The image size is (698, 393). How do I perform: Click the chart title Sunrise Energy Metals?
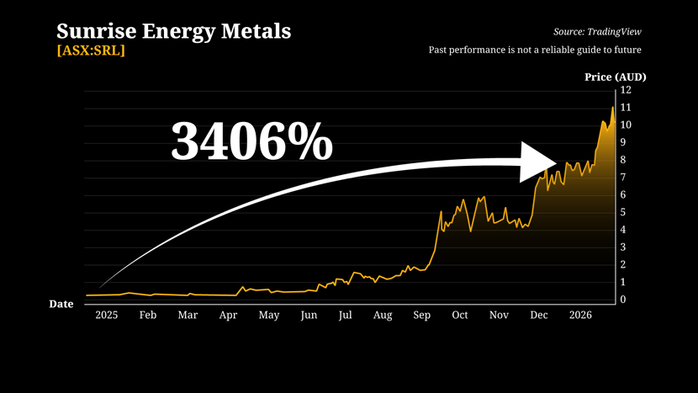click(x=173, y=32)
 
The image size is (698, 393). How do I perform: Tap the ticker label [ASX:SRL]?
click(x=91, y=50)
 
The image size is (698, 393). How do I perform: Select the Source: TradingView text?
click(x=603, y=32)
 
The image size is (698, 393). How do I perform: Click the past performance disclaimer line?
click(x=541, y=50)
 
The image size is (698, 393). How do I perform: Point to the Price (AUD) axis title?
click(x=616, y=77)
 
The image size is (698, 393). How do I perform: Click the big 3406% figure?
click(x=251, y=141)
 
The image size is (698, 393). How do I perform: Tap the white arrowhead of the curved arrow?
click(x=538, y=162)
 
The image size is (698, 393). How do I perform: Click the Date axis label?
click(x=61, y=304)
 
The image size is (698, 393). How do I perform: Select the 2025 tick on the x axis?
click(x=106, y=316)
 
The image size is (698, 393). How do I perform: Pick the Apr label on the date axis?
click(x=228, y=316)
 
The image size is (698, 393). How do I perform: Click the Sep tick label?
click(x=421, y=316)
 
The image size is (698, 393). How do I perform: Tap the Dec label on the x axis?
click(x=538, y=316)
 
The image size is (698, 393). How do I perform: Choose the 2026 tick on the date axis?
click(x=580, y=316)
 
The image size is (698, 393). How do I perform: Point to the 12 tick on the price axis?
click(x=627, y=90)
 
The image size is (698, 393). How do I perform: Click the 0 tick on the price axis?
click(x=624, y=300)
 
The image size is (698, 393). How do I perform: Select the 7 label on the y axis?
click(x=624, y=178)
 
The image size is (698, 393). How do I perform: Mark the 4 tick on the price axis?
click(x=624, y=230)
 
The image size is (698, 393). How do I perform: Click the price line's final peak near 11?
click(x=612, y=108)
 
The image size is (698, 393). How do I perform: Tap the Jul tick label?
click(x=345, y=316)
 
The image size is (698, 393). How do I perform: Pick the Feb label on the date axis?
click(x=147, y=316)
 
